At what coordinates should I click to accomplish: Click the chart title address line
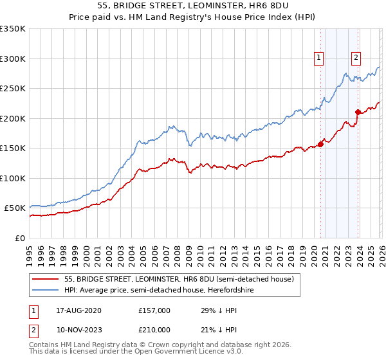pyautogui.click(x=193, y=6)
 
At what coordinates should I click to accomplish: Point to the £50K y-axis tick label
pyautogui.click(x=14, y=208)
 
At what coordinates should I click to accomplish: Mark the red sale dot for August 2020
pyautogui.click(x=320, y=144)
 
